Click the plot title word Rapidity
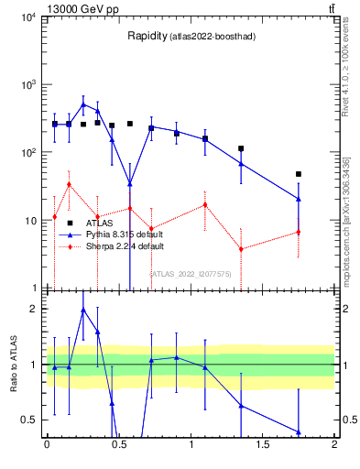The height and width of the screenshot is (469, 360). tap(147, 37)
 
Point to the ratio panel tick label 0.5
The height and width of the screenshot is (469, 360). tap(29, 420)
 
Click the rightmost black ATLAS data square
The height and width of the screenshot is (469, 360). tap(299, 174)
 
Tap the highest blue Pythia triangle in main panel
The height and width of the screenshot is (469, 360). tap(83, 104)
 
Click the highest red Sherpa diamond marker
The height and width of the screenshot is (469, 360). tap(69, 184)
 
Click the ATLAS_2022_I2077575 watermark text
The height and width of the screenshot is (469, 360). tap(192, 273)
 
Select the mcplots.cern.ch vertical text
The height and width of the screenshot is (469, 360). tap(347, 220)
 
